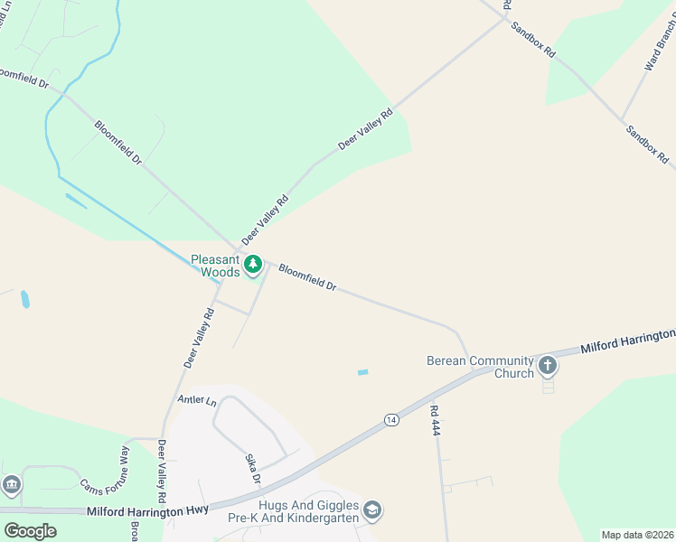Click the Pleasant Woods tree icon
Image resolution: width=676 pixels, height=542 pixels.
(x=254, y=265)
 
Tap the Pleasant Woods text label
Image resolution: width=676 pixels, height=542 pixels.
(x=216, y=266)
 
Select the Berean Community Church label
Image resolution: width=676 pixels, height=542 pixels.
(x=479, y=367)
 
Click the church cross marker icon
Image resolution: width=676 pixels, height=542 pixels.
(x=547, y=366)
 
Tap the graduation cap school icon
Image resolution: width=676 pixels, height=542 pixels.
(x=372, y=511)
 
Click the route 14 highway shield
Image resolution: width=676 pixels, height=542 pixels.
(x=390, y=419)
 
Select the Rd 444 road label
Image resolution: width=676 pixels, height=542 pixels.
(x=435, y=420)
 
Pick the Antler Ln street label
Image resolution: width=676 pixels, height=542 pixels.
(x=198, y=401)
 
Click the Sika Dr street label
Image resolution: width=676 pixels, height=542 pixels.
(x=254, y=469)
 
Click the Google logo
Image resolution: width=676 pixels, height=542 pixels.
(x=30, y=530)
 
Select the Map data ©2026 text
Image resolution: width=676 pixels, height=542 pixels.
(x=636, y=535)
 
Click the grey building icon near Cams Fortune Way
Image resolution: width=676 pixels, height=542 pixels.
(x=10, y=485)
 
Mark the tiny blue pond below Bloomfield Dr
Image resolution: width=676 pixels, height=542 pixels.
(x=363, y=372)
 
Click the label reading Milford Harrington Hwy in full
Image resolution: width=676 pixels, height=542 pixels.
(x=148, y=510)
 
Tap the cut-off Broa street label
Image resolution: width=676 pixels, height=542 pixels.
(x=134, y=532)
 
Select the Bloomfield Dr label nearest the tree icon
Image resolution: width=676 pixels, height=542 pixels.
(x=307, y=277)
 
